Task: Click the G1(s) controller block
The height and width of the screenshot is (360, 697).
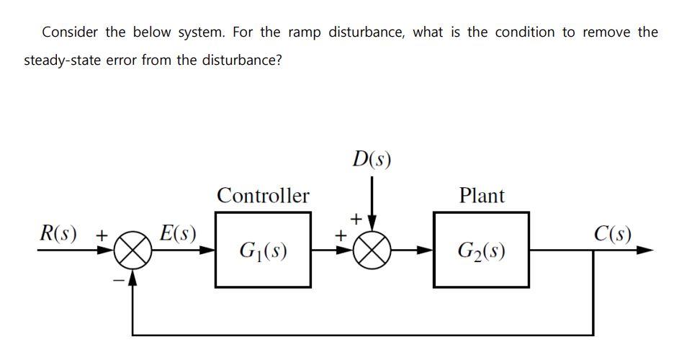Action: (x=263, y=250)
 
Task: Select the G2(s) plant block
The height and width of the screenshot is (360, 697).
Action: (x=481, y=250)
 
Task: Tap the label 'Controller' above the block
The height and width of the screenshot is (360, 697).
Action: (x=263, y=195)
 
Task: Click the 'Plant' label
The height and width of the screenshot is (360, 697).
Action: (x=482, y=195)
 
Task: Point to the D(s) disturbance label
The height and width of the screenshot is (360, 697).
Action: (x=372, y=158)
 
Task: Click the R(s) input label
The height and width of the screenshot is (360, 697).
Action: (x=59, y=233)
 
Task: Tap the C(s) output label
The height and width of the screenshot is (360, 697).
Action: (x=613, y=233)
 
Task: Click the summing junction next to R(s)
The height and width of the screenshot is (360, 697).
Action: (x=132, y=251)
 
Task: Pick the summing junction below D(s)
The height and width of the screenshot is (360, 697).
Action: (x=372, y=251)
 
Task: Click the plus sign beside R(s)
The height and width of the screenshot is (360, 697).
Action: (x=102, y=235)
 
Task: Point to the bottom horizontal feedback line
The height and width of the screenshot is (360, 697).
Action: (x=360, y=335)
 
